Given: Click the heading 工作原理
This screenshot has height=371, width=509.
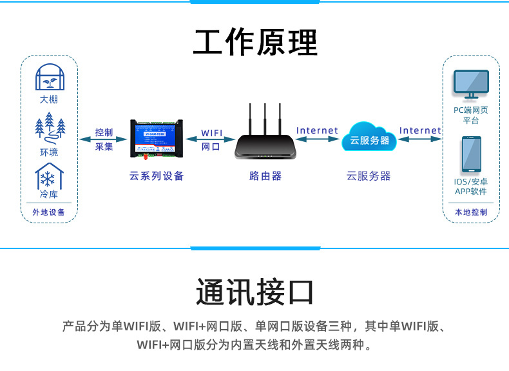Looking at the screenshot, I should point(255,43).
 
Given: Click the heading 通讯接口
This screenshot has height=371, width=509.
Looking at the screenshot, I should point(255,292).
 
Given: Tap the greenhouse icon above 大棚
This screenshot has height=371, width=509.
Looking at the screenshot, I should point(48,77).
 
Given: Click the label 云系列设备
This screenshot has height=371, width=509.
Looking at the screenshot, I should point(157,176).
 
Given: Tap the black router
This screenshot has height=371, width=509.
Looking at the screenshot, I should point(265,146).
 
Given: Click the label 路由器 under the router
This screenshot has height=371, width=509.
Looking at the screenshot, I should point(265,176).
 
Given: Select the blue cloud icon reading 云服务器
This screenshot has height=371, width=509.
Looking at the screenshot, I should point(369,139).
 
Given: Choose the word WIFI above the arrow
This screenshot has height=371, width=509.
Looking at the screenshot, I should point(211,133).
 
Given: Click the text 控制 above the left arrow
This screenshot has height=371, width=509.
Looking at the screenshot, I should point(104,132).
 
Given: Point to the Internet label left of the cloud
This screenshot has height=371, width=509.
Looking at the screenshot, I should point(317,130).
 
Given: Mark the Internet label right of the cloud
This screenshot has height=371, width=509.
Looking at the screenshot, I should point(420,130).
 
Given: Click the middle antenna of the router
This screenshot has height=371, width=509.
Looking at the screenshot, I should point(265,116).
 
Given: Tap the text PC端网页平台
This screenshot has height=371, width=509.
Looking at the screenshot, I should point(470,115).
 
